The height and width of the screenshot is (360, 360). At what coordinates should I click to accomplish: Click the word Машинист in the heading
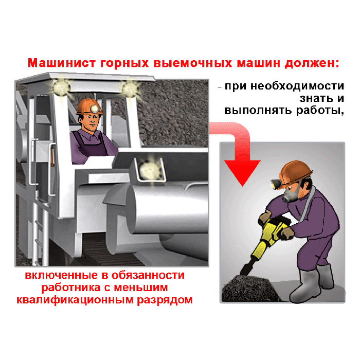tap(62, 63)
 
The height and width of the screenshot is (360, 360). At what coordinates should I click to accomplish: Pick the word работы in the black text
tap(320, 111)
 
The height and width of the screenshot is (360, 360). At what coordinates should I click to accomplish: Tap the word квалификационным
tap(75, 300)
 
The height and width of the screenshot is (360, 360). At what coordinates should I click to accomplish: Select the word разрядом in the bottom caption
tap(165, 300)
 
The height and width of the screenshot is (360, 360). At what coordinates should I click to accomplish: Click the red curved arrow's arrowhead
tap(242, 172)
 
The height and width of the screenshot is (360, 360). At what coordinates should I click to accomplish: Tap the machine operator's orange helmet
tap(89, 107)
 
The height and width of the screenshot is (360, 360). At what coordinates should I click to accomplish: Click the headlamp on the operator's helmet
tap(94, 109)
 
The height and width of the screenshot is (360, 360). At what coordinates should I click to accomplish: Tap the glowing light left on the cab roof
tap(61, 87)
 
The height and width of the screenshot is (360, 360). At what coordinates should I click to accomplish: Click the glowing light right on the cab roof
tap(130, 88)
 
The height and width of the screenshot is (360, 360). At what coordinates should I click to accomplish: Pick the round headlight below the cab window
tap(149, 170)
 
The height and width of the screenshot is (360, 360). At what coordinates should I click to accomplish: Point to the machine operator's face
tap(90, 122)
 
